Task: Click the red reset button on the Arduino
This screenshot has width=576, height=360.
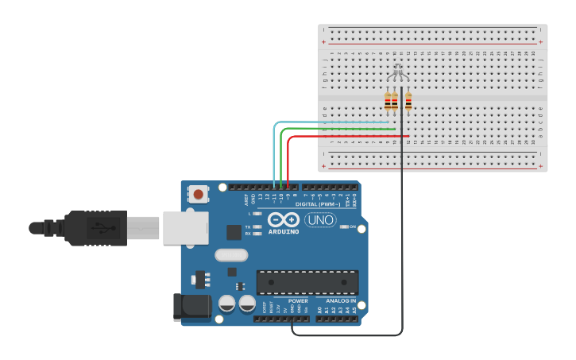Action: coord(198,193)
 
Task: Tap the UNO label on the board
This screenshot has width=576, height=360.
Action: coord(320,219)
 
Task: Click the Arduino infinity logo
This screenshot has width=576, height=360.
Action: coord(284,219)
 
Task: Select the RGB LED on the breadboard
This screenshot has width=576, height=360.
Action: coord(398,72)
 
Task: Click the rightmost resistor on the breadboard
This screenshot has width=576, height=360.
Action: coord(408,101)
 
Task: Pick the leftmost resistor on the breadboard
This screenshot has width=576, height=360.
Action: coord(388,101)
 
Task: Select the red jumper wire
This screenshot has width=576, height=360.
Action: coord(350,136)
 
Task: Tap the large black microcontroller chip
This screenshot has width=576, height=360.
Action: coord(307,282)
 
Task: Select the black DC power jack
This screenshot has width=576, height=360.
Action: coord(191,307)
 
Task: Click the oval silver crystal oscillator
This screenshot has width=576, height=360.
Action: coord(231,255)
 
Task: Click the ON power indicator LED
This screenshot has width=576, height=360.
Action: coord(344,226)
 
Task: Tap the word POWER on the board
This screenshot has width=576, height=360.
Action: coord(298,301)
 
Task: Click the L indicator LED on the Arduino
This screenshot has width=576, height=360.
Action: coord(257,214)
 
